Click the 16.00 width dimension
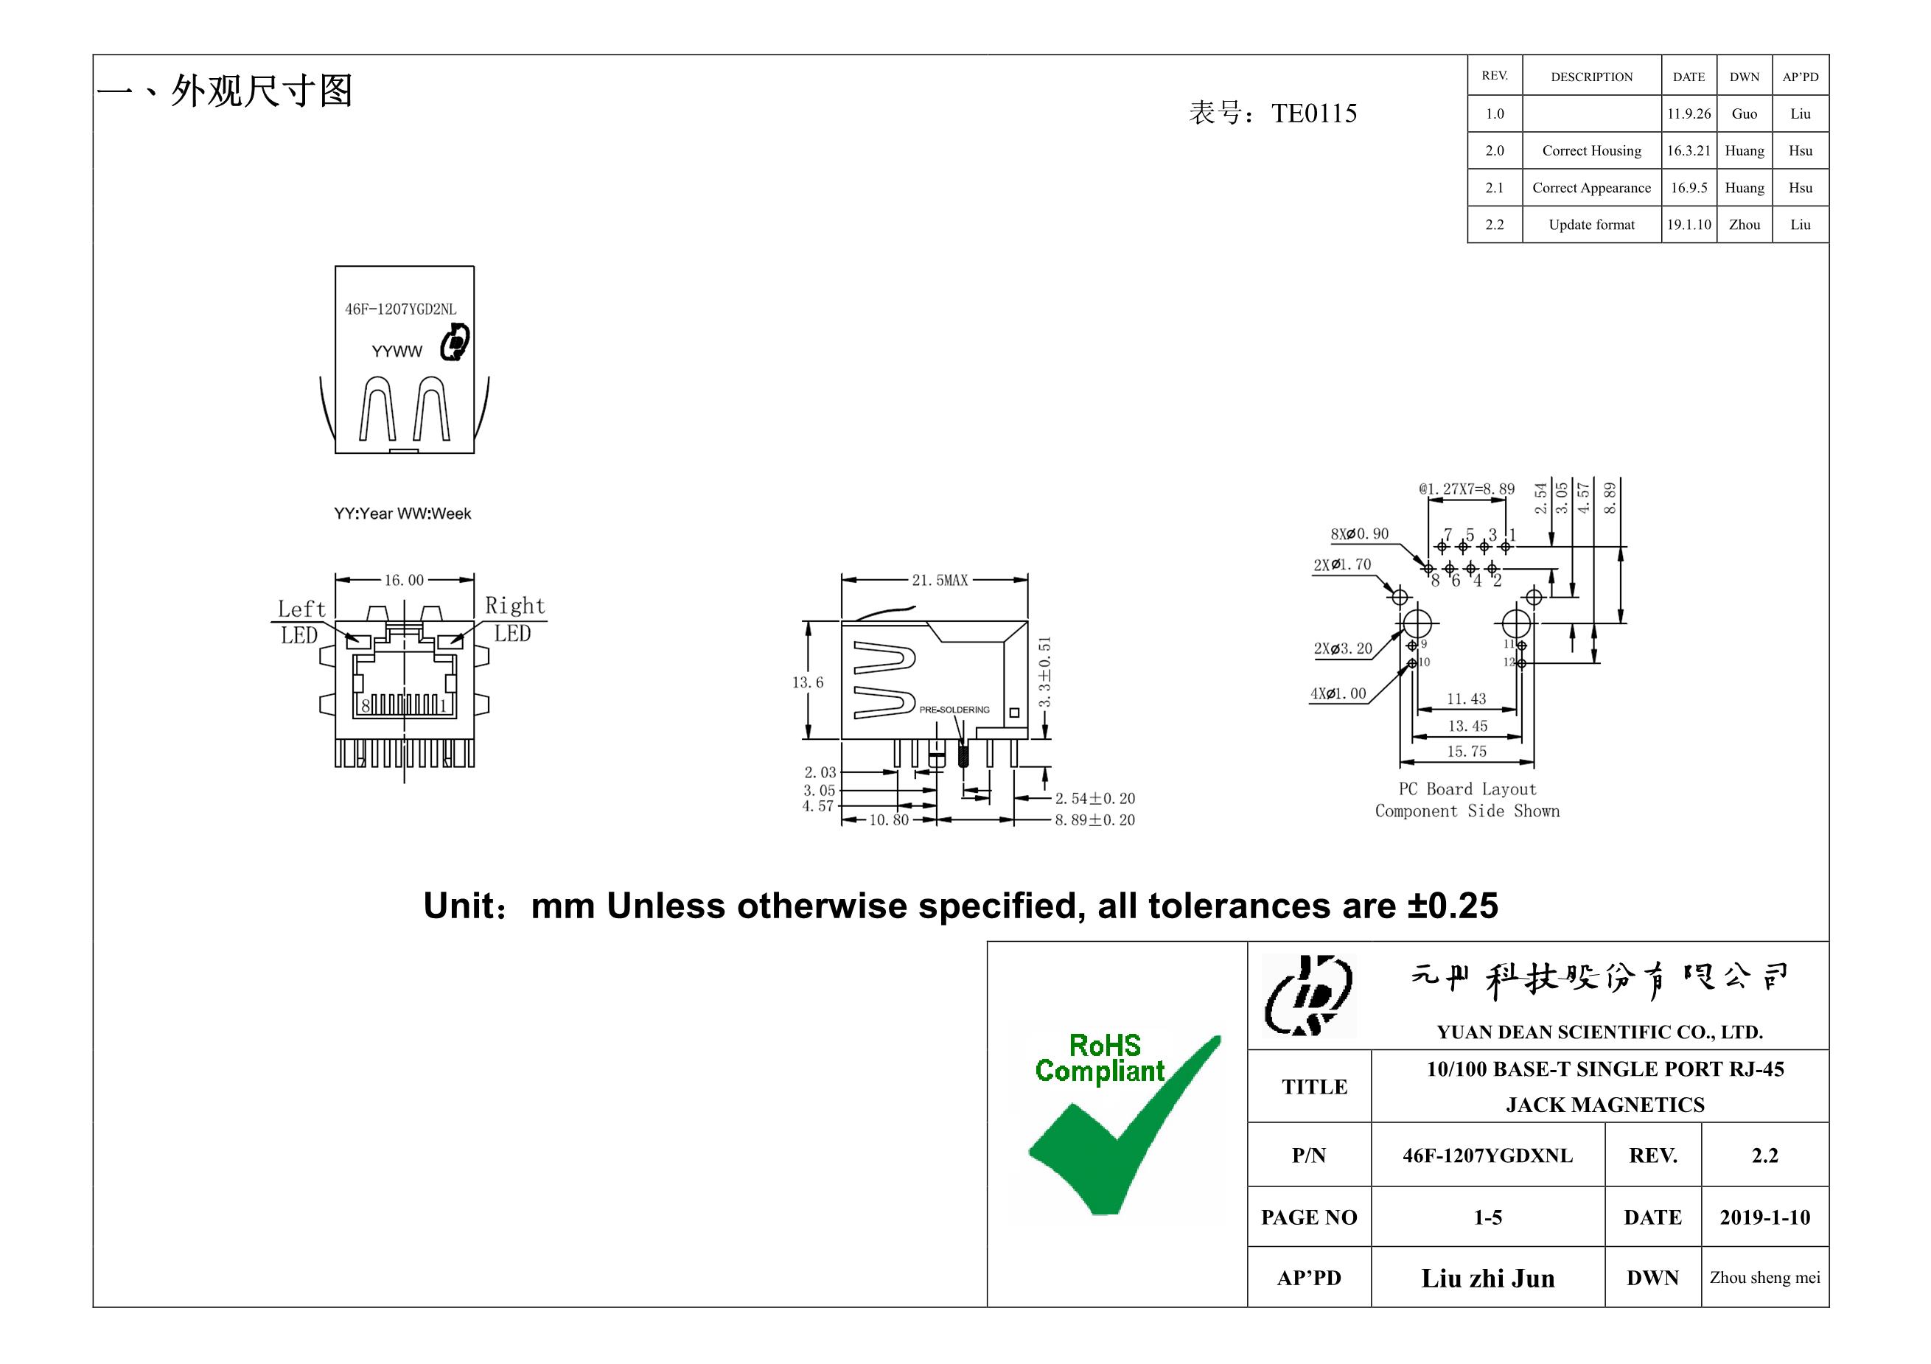[404, 580]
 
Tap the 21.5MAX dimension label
[940, 580]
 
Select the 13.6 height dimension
[807, 682]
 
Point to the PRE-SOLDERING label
[954, 710]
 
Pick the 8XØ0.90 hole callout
[1359, 534]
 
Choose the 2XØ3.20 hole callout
[1342, 648]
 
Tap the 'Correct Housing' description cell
[1591, 150]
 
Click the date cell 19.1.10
[1689, 225]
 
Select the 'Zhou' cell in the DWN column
[1745, 225]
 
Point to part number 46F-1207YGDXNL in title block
[1487, 1155]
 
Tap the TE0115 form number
[1313, 113]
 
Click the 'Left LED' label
[300, 621]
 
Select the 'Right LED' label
[514, 619]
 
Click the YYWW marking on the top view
[397, 352]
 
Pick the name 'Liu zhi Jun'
[1487, 1279]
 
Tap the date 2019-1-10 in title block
[1764, 1217]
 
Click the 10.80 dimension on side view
[889, 820]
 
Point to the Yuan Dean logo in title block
[1309, 996]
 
